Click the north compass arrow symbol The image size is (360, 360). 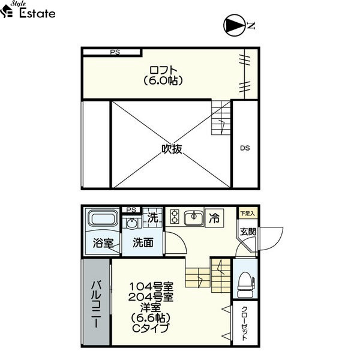(234, 25)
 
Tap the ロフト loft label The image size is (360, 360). (163, 70)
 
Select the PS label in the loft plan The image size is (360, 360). (115, 52)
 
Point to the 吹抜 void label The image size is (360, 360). (172, 149)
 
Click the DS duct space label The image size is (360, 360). (245, 148)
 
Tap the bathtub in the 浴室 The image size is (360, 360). (103, 218)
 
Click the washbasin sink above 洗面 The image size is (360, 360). (131, 223)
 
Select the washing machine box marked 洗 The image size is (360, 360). (152, 217)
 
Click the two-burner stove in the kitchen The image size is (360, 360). (175, 217)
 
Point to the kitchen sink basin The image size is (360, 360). (194, 217)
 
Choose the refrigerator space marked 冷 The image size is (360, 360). (214, 218)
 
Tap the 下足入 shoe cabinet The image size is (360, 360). (247, 213)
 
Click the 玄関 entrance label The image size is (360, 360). (248, 232)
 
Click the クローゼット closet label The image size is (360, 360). (245, 323)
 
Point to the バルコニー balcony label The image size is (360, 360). (96, 304)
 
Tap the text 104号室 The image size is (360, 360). (152, 287)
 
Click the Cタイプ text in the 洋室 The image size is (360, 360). (151, 328)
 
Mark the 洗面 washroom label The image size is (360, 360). (143, 242)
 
